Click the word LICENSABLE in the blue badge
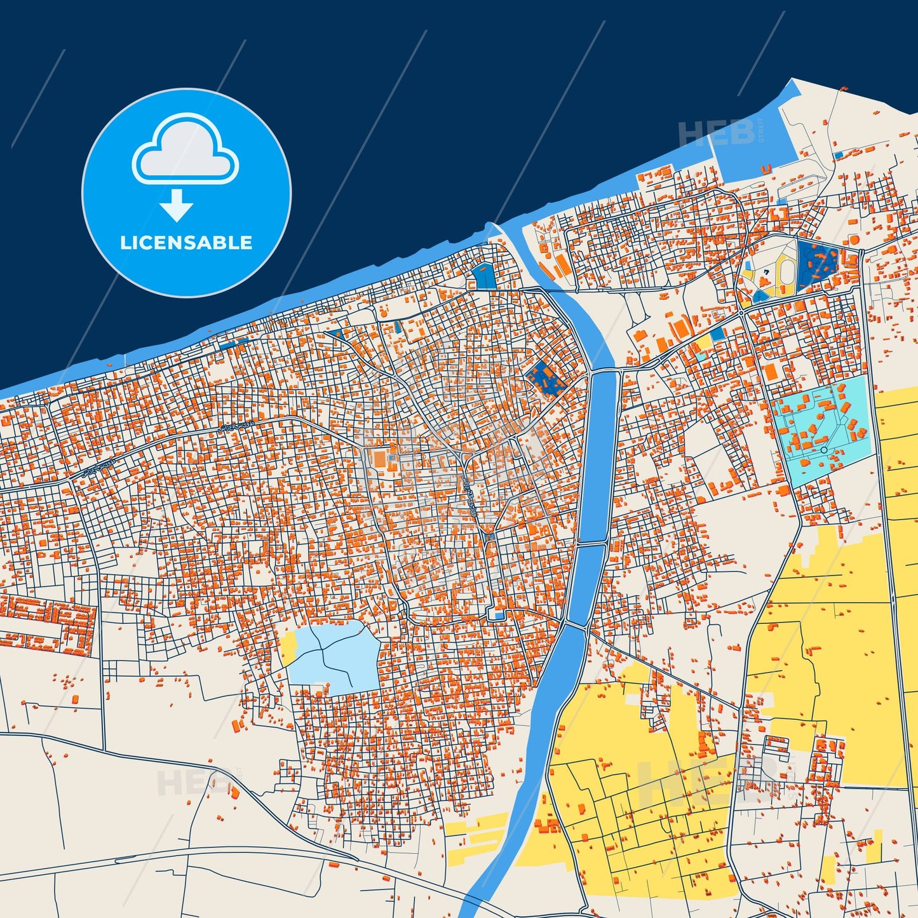pos(186,243)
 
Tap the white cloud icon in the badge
pos(185,150)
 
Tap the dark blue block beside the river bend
pos(545,378)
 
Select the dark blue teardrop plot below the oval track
pos(760,295)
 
